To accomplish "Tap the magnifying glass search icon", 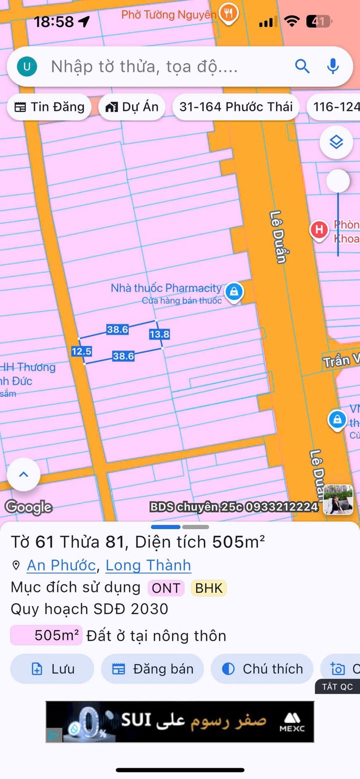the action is coord(302,66).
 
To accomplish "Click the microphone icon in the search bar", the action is coord(333,66).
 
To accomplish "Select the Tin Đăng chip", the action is coord(49,106).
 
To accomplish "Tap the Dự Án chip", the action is coord(132,106).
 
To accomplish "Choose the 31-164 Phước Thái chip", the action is coord(236,106).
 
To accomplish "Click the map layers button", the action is coord(336,143).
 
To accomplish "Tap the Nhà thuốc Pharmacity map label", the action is coord(166,288).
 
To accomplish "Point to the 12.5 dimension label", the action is coord(81,351).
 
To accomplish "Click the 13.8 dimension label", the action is coord(159,334).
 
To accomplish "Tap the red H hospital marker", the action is coord(318,230).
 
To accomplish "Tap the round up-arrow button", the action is coord(23,474).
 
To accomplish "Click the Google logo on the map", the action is coord(28,507).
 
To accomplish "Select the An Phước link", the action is coord(61,565).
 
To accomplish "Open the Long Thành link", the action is coord(148,565).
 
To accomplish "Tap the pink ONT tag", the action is coord(165,588).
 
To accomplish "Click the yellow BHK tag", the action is coord(208,588).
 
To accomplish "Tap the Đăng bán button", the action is coord(152,668).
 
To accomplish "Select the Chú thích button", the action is coord(262,668).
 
